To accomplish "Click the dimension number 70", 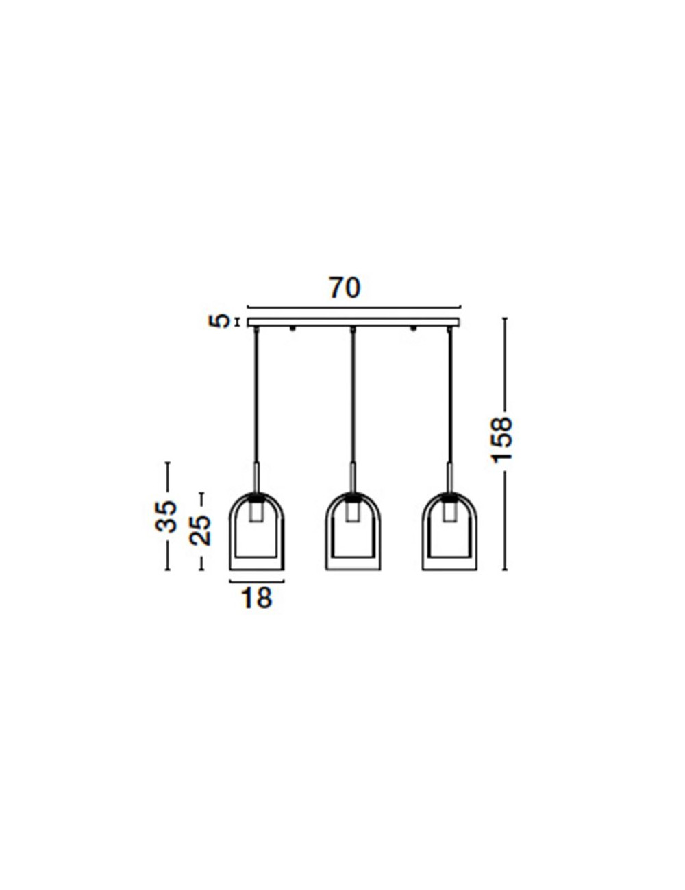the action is coord(345,288).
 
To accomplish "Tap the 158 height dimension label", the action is coord(501,440).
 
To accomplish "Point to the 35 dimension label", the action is coord(166,516).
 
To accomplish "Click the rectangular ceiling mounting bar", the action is coord(354,323).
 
